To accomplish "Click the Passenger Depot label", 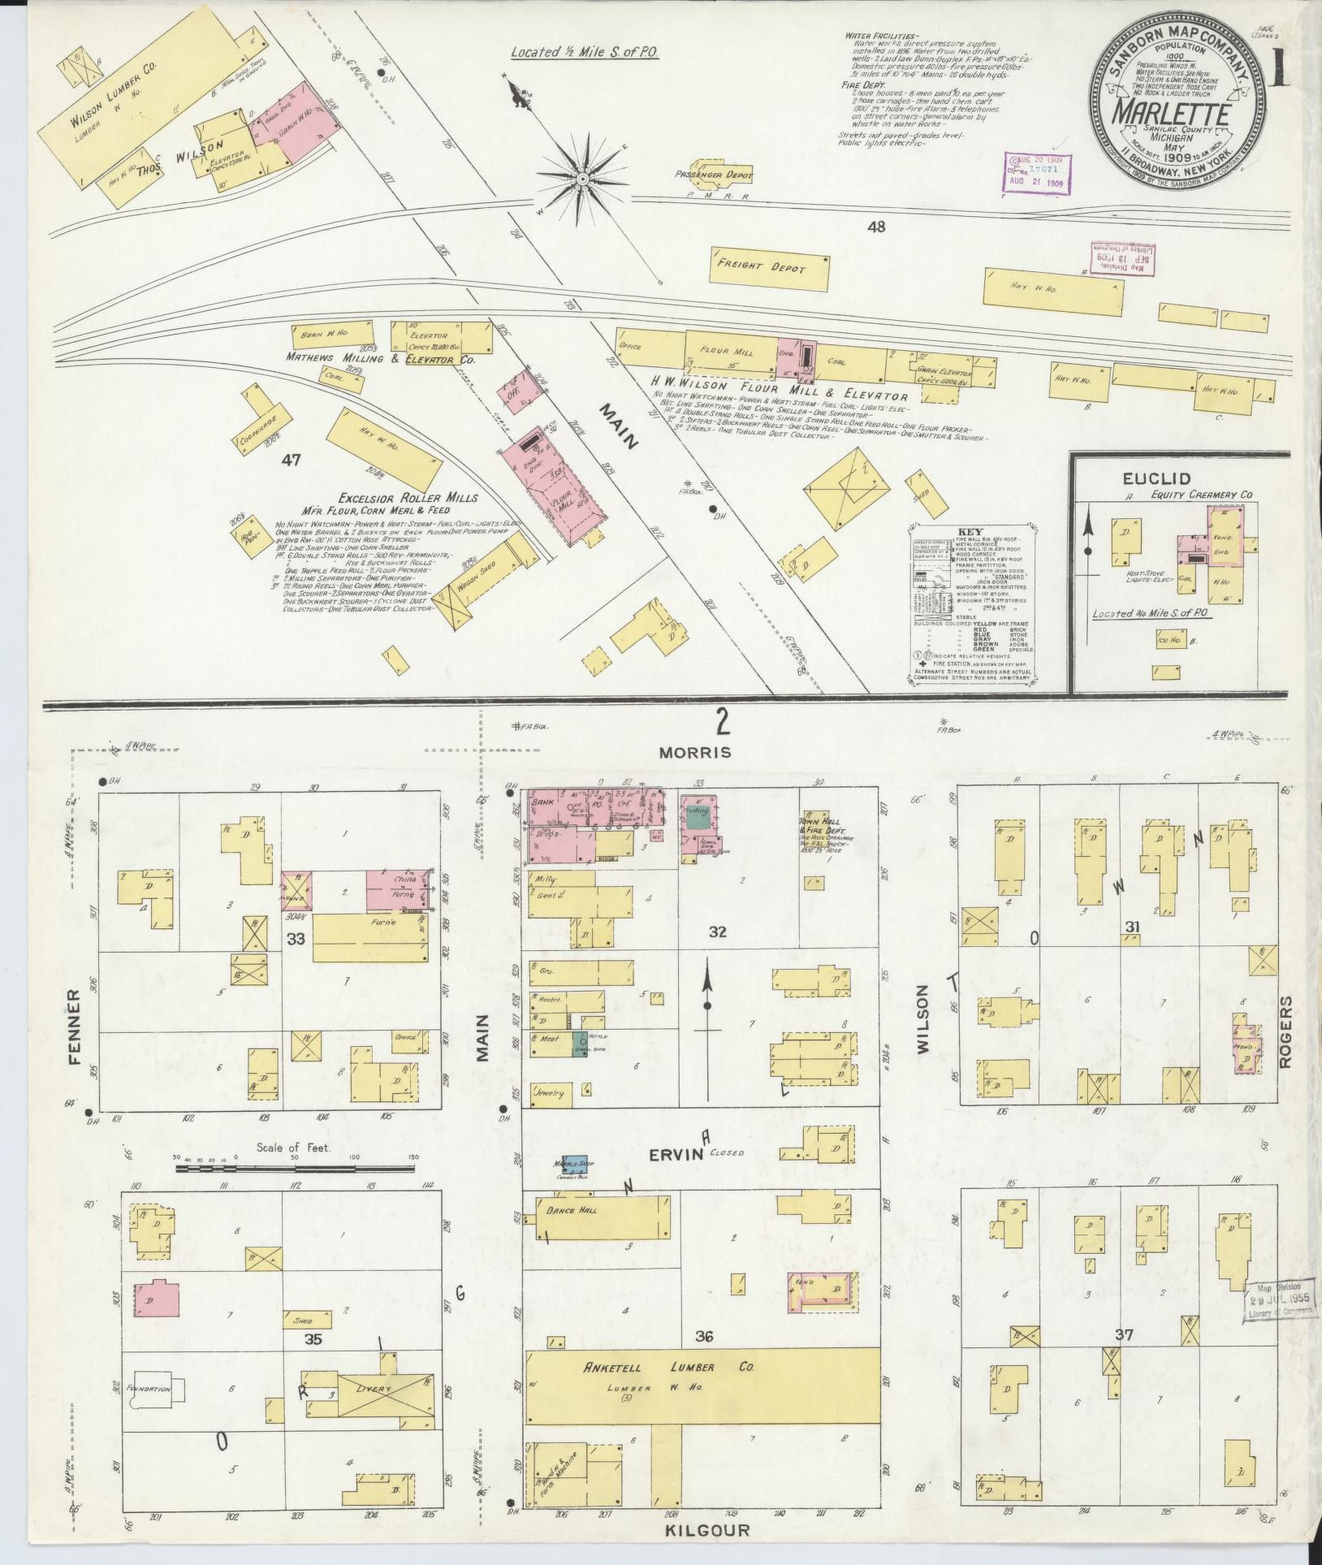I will tap(714, 175).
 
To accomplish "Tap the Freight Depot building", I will tap(768, 268).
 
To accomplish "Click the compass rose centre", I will tap(582, 178).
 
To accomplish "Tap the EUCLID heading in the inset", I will tap(1146, 479).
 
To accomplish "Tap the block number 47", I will tap(291, 460).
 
